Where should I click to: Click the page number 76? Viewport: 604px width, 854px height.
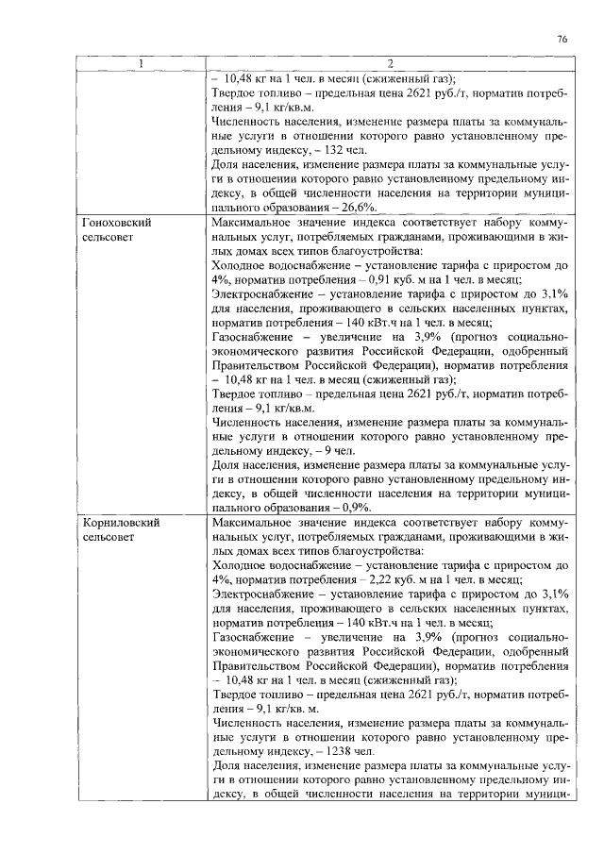coord(562,40)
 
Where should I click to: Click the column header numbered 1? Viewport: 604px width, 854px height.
coord(142,64)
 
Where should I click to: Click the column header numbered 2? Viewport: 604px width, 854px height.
coord(391,64)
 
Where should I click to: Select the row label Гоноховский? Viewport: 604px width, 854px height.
coord(117,223)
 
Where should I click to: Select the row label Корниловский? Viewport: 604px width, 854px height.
coord(120,522)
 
